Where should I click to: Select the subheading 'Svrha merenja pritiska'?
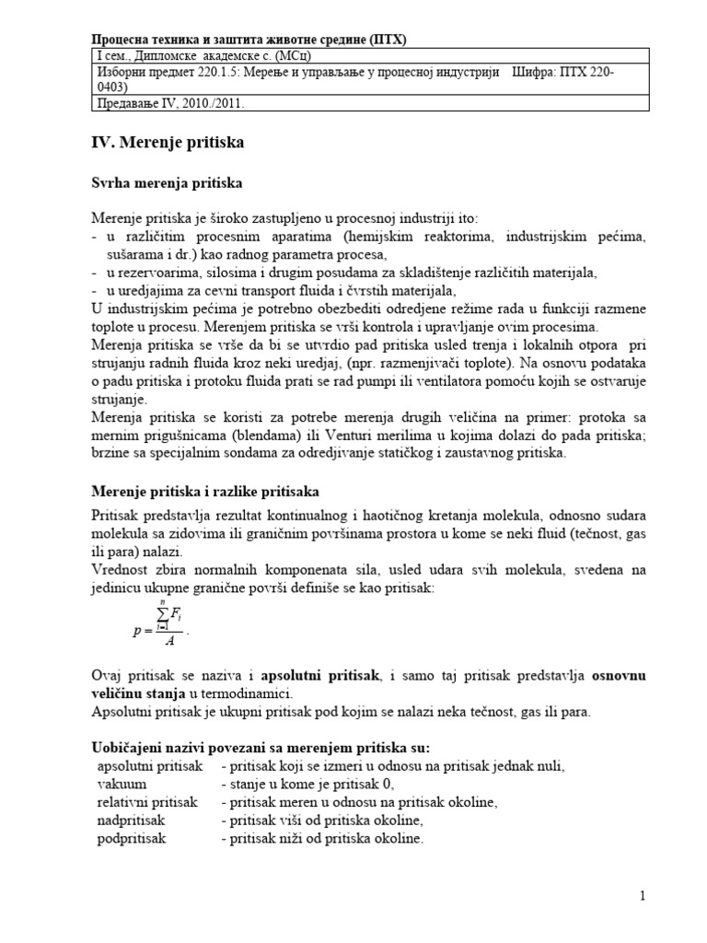(x=167, y=184)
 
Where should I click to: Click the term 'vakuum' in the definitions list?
(x=122, y=784)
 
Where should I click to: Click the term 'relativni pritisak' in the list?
(x=147, y=802)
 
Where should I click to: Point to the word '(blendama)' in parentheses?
(x=238, y=435)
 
